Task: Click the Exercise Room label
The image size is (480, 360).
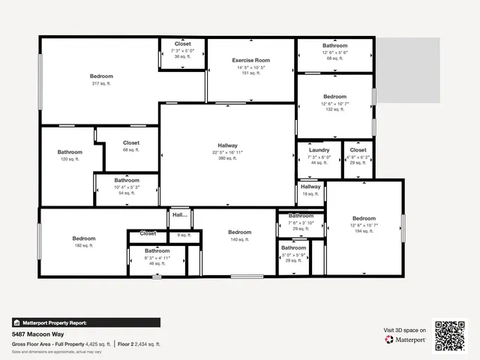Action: [250, 59]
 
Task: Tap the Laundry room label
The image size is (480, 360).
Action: [319, 150]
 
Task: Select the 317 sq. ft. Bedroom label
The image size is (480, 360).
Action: [101, 76]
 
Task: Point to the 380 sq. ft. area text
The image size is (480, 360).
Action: [227, 158]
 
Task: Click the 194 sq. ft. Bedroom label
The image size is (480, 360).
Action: [364, 218]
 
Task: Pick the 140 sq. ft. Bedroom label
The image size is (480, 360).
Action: [239, 232]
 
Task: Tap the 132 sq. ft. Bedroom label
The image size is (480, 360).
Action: [334, 97]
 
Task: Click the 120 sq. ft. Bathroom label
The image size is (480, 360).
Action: [70, 152]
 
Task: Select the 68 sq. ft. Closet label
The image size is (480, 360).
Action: [131, 142]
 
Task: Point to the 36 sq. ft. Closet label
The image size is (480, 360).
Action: [182, 44]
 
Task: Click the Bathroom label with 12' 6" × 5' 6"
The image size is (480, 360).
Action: [334, 46]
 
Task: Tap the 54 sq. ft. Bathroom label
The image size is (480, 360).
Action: [127, 180]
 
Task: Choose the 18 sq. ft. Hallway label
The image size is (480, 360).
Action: [310, 187]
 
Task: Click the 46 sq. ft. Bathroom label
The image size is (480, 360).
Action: [157, 250]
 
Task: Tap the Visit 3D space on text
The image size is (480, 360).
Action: [405, 330]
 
